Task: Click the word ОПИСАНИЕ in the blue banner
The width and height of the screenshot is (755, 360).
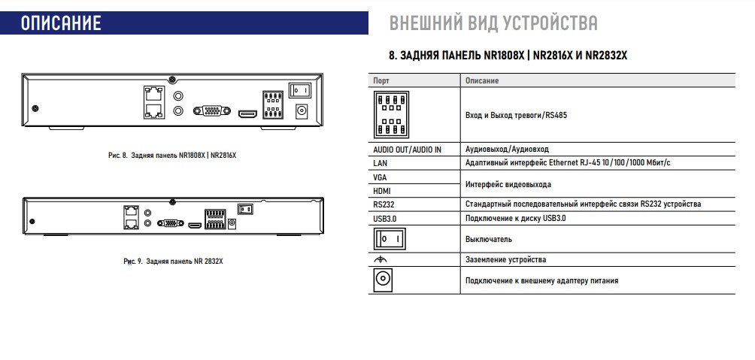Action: [x=61, y=23]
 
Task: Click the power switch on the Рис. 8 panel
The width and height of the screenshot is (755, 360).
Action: [x=301, y=91]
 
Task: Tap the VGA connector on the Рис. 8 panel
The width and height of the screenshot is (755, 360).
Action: [x=211, y=111]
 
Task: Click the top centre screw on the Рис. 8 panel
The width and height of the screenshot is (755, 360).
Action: [x=173, y=79]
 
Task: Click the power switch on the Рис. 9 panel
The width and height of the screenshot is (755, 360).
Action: [x=244, y=209]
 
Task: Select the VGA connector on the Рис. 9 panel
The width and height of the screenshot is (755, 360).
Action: [x=171, y=223]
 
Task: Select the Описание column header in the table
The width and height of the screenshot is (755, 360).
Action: [x=482, y=80]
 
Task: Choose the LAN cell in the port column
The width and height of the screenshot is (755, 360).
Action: [x=381, y=162]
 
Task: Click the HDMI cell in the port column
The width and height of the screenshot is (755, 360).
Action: [x=382, y=191]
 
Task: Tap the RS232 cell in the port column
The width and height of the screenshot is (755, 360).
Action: [x=384, y=204]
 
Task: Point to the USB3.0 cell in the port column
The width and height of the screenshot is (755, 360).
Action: [x=386, y=218]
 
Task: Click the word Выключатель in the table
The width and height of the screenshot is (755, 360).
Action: [x=489, y=239]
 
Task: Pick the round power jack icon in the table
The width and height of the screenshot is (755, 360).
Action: [x=383, y=280]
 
